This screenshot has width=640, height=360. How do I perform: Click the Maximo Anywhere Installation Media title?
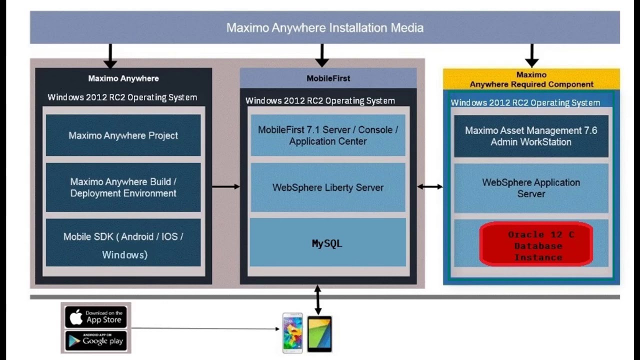(325, 27)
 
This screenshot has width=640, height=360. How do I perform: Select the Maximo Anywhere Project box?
(123, 135)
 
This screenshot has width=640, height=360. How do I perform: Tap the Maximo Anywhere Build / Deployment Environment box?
(123, 187)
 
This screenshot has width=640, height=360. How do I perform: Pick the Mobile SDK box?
(123, 243)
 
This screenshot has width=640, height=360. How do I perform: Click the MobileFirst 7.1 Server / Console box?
(328, 135)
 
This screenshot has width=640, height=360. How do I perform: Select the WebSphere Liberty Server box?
(328, 187)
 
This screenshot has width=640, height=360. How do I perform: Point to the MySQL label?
(327, 243)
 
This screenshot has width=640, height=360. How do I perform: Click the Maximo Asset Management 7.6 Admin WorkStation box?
(531, 136)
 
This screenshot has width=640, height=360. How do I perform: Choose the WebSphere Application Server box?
(531, 188)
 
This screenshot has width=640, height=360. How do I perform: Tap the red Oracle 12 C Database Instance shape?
(536, 245)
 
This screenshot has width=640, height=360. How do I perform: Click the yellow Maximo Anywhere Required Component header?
(531, 79)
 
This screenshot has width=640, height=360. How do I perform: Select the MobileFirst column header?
(328, 78)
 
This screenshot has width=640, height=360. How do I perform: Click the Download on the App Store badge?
(96, 317)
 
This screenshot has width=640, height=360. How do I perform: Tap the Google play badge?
(96, 340)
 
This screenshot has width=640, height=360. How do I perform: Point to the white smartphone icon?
(292, 332)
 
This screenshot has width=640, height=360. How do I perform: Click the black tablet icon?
(319, 333)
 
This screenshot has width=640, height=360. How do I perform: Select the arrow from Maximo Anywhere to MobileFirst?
(225, 186)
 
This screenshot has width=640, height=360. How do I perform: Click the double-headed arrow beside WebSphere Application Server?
(430, 186)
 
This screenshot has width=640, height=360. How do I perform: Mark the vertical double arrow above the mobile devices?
(317, 299)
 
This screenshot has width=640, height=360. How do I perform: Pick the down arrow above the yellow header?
(531, 55)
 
